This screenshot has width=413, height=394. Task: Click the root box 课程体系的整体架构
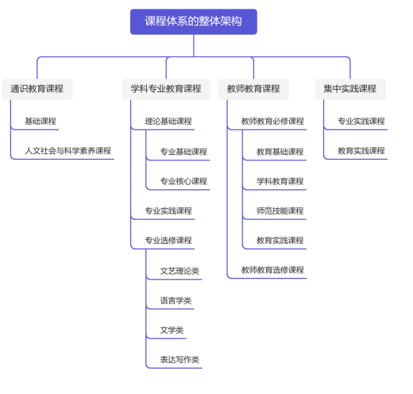[x=194, y=21]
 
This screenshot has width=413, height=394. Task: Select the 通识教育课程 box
[x=37, y=89]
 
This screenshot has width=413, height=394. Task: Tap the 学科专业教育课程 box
[x=166, y=89]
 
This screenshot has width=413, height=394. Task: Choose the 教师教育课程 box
[x=253, y=89]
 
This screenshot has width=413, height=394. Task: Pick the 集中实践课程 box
[x=350, y=89]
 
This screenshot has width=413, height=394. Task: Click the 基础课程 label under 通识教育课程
[x=41, y=122]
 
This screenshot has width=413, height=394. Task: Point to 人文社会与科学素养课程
[x=68, y=151]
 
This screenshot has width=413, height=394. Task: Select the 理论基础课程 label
[x=168, y=122]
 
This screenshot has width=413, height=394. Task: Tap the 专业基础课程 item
[x=183, y=152]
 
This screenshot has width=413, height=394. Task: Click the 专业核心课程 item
[x=183, y=181]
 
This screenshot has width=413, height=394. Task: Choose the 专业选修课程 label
[x=168, y=241]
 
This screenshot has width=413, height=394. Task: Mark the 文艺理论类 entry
[x=179, y=271]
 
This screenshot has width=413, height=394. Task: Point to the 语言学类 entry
[x=176, y=300]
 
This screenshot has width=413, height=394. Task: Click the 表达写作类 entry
[x=179, y=360]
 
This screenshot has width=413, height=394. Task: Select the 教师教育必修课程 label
[x=272, y=122]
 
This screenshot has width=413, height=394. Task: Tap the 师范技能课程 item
[x=280, y=211]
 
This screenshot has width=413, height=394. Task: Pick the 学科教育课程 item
[x=280, y=181]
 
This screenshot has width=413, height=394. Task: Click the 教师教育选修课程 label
[x=272, y=270]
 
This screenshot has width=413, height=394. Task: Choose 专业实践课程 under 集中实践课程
[x=361, y=122]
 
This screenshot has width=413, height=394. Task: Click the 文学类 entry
[x=172, y=330]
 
